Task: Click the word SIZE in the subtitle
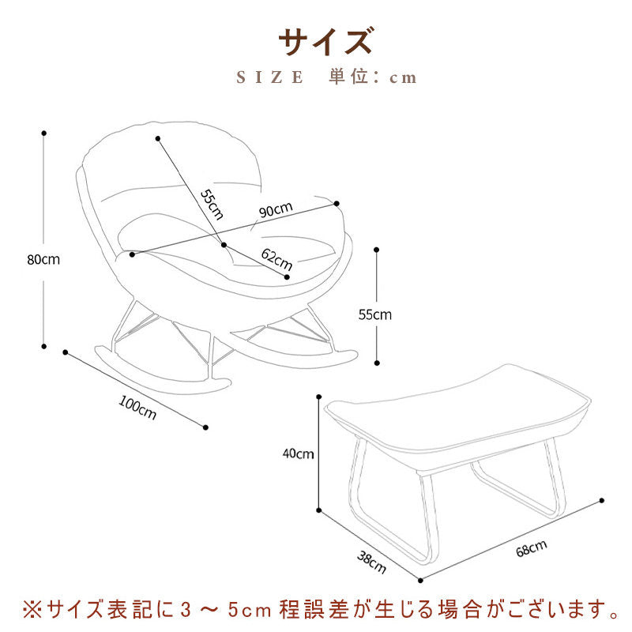pyautogui.click(x=271, y=77)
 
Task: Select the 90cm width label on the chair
pyautogui.click(x=276, y=210)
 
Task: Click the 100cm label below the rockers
pyautogui.click(x=137, y=408)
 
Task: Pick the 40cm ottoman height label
pyautogui.click(x=299, y=454)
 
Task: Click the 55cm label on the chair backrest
pyautogui.click(x=211, y=205)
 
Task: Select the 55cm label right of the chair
pyautogui.click(x=375, y=314)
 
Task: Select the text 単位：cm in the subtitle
pyautogui.click(x=373, y=77)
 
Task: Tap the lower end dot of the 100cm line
pyautogui.click(x=206, y=427)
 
